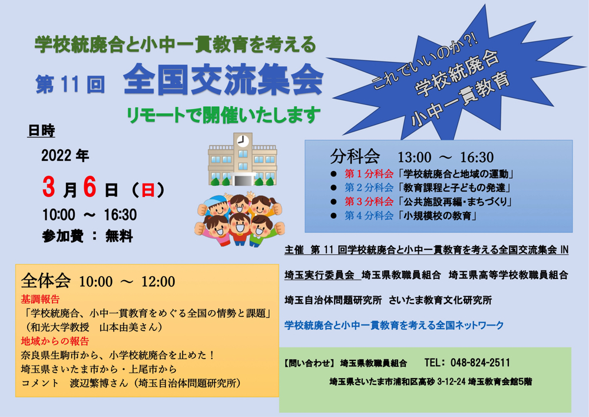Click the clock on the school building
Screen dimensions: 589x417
(x=243, y=141)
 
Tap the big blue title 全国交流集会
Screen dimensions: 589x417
(x=223, y=80)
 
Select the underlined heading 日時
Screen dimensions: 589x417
(x=41, y=130)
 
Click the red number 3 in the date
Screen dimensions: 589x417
(x=49, y=187)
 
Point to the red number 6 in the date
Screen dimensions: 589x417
(x=90, y=187)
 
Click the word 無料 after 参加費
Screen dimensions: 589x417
(x=119, y=236)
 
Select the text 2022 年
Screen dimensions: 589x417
(x=65, y=155)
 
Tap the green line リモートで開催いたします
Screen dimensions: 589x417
(x=223, y=115)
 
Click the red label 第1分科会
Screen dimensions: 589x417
(x=369, y=174)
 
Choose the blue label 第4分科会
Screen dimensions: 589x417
(x=369, y=215)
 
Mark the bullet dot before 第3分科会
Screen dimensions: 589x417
(x=333, y=202)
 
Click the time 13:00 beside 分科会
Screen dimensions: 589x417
(x=414, y=157)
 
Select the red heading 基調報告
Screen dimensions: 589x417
(x=40, y=299)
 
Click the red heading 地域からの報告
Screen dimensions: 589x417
(x=55, y=341)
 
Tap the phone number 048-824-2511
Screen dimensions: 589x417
(x=480, y=363)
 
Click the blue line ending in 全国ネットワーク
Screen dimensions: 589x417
(x=394, y=325)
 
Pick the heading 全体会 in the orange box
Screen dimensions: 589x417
(x=46, y=281)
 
